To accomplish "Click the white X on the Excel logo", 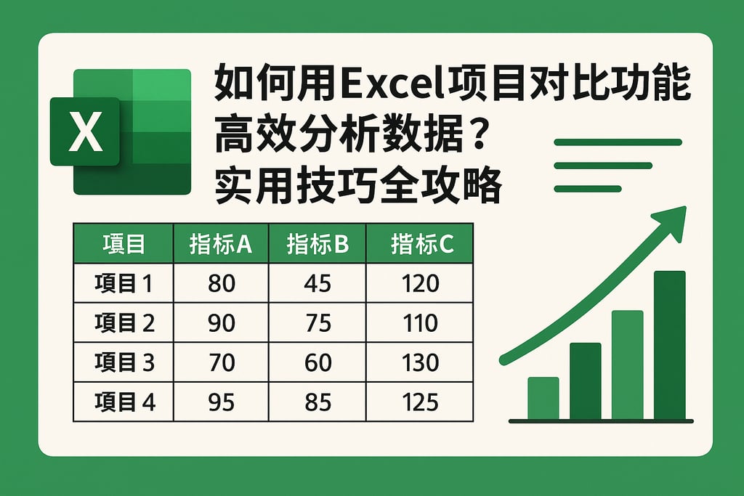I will point(86,131).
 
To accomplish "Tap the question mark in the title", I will point(474,134).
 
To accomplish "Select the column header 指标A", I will point(220,244).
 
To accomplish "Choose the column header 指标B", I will point(318,244).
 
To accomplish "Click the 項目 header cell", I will point(124,244).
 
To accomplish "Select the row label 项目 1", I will point(124,283).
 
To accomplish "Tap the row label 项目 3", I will point(124,362).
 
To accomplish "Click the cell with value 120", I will point(420,283).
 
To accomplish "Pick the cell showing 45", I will point(318,283).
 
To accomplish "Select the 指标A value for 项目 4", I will point(221,401).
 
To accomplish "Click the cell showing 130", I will point(420,362).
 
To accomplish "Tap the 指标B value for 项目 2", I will point(318,322).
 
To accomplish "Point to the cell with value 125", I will point(420,401).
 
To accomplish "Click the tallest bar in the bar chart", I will point(669,345).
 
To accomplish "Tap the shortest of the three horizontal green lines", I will point(587,189).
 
